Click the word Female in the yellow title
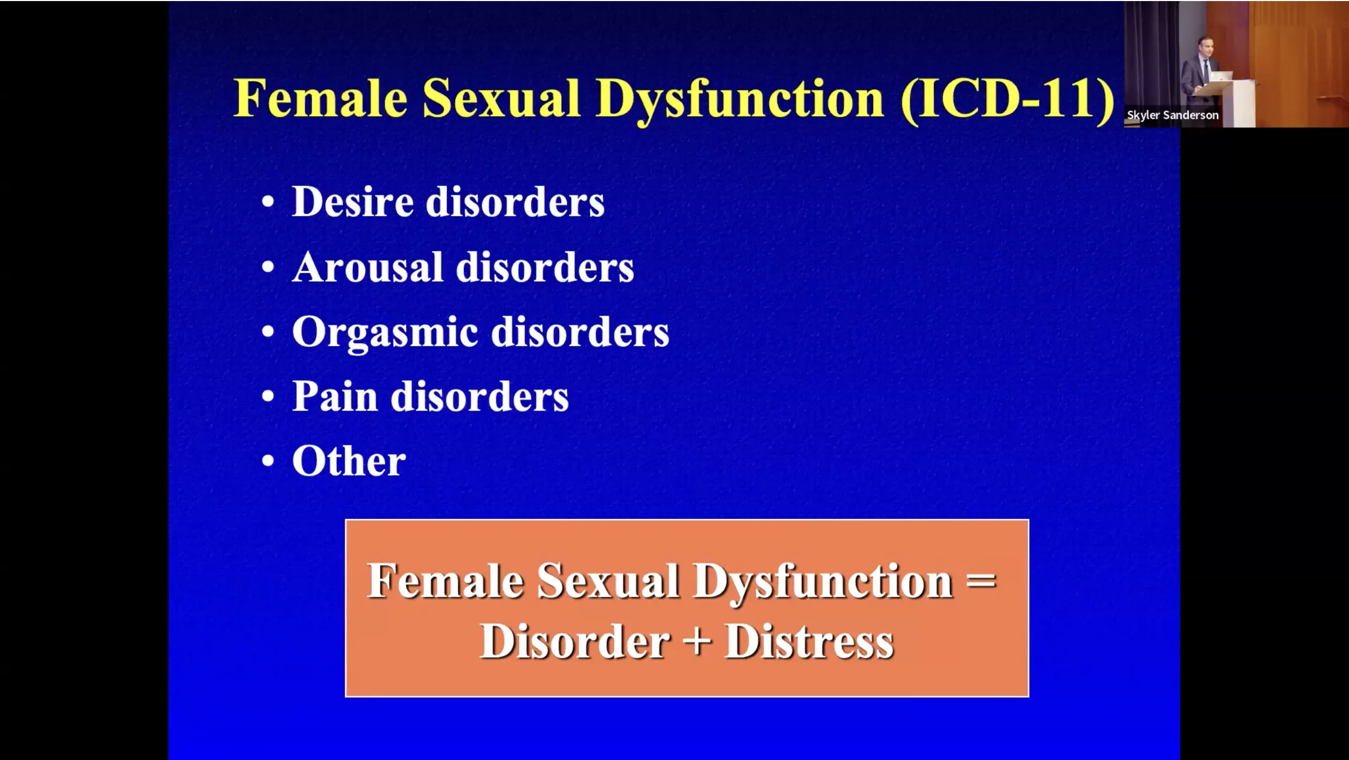pyautogui.click(x=320, y=98)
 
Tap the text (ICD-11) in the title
pyautogui.click(x=1008, y=100)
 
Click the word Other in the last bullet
pyautogui.click(x=349, y=461)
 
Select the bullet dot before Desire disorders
pyautogui.click(x=268, y=202)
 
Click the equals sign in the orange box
pyautogui.click(x=981, y=582)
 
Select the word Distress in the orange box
pyautogui.click(x=809, y=642)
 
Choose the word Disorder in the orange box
pyautogui.click(x=575, y=642)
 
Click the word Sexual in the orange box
pyautogui.click(x=608, y=582)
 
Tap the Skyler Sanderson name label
pyautogui.click(x=1172, y=115)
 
